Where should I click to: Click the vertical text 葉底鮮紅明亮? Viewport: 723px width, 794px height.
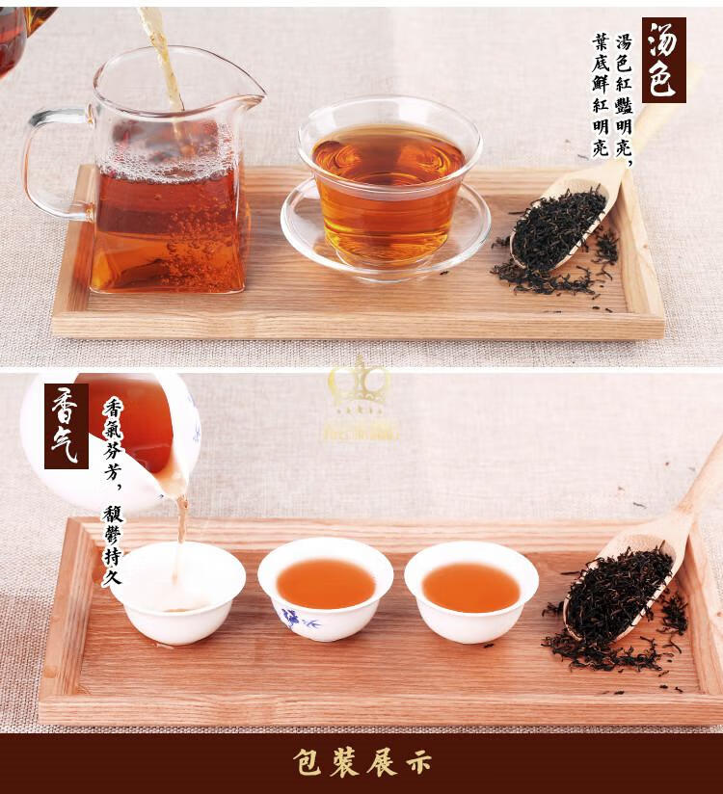(601, 96)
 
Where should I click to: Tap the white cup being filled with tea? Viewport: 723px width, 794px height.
(177, 591)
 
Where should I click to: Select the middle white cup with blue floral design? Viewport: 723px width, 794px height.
(325, 588)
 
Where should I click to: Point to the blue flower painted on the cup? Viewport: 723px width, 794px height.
(294, 618)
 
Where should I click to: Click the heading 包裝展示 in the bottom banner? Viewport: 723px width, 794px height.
(361, 762)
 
